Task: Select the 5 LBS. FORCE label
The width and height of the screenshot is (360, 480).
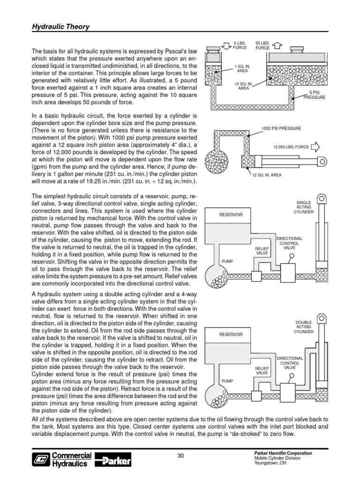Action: (x=240, y=45)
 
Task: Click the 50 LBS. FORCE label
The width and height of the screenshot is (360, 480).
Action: (x=262, y=45)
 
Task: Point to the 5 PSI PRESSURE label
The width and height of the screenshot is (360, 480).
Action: (x=314, y=95)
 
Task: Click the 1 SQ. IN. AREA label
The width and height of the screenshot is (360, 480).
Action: (x=243, y=69)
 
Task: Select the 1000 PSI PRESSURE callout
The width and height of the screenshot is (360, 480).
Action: (x=282, y=128)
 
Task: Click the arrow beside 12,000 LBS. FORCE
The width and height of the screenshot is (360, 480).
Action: (x=315, y=147)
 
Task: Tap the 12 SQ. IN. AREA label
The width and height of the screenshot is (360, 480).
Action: (x=267, y=175)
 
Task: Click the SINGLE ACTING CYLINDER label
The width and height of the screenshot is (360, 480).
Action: (x=304, y=208)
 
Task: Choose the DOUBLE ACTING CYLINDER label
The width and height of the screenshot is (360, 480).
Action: (x=303, y=327)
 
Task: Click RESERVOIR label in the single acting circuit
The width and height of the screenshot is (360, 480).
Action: (x=231, y=215)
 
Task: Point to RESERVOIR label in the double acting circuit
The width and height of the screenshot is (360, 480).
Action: (x=231, y=335)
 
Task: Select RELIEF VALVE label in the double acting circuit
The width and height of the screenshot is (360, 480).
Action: (x=262, y=371)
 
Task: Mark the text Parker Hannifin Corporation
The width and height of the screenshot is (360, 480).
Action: (x=282, y=453)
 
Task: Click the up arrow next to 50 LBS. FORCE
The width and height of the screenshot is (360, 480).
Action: (x=276, y=45)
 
